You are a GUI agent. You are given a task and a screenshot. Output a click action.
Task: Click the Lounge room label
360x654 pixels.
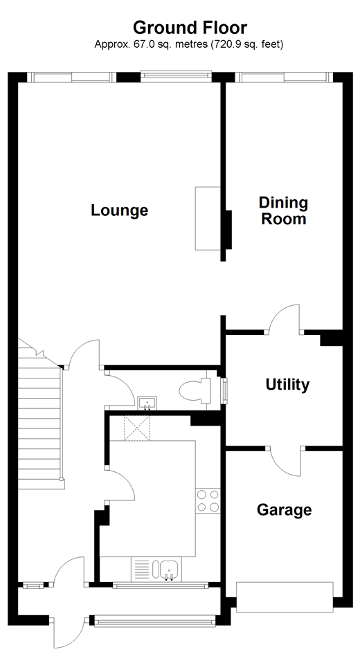(119, 210)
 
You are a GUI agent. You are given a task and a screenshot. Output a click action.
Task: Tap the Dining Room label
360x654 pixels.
(284, 210)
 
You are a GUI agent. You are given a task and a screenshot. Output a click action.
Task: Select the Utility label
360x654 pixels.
(287, 385)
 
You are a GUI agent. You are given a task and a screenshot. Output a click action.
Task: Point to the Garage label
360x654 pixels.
(284, 509)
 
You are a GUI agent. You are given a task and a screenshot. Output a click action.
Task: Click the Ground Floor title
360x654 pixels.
(190, 28)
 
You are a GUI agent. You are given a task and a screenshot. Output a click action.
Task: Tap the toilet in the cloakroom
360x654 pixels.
(196, 391)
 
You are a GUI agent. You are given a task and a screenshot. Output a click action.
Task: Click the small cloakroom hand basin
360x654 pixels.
(147, 403)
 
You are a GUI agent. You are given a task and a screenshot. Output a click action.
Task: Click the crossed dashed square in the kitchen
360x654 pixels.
(137, 428)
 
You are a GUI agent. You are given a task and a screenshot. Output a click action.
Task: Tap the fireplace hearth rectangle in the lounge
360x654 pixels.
(208, 219)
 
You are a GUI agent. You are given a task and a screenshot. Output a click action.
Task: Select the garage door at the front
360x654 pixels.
(285, 597)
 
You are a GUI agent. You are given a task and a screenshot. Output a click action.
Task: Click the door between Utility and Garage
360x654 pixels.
(285, 462)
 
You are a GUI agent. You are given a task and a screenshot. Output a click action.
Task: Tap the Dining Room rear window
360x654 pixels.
(284, 77)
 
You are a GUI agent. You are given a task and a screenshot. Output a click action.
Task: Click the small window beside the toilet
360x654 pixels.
(225, 391)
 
